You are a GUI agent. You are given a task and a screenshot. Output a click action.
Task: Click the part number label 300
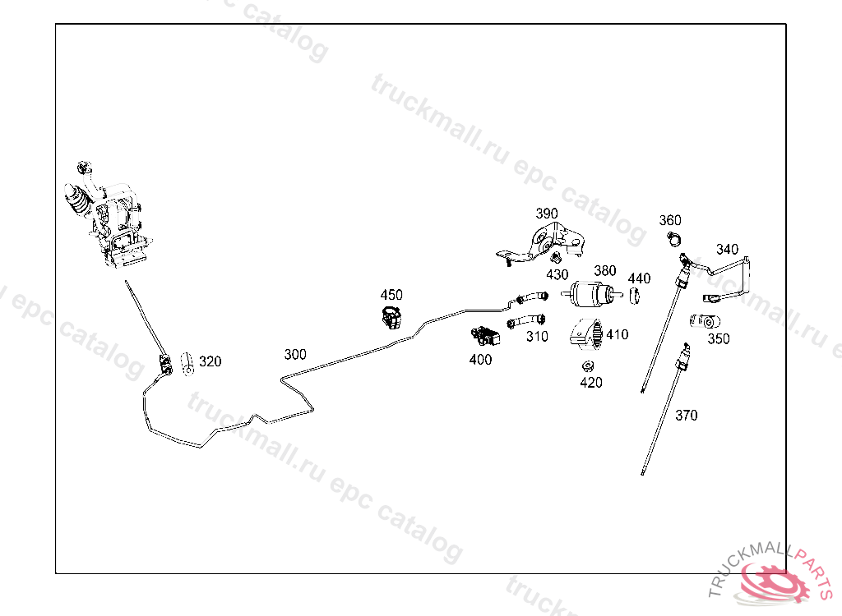coord(295,355)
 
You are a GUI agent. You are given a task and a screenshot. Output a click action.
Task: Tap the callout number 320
coord(210,361)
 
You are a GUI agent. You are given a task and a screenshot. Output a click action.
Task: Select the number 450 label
coord(391,295)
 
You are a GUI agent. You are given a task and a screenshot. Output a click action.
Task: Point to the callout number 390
coord(547,214)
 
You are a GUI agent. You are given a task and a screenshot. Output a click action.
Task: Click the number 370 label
coord(686,416)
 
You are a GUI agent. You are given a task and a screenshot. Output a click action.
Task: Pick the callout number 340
coord(727,250)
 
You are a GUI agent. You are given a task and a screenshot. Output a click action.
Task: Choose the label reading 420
coord(590,382)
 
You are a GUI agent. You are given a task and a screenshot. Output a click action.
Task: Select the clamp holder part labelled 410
coord(587,333)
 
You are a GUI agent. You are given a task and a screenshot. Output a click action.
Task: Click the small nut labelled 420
coord(588,365)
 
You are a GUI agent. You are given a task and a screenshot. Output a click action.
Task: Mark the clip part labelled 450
coord(391,315)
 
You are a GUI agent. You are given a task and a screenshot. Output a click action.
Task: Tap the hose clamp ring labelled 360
coord(673,240)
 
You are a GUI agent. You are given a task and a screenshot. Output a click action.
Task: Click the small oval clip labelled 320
coord(187,361)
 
